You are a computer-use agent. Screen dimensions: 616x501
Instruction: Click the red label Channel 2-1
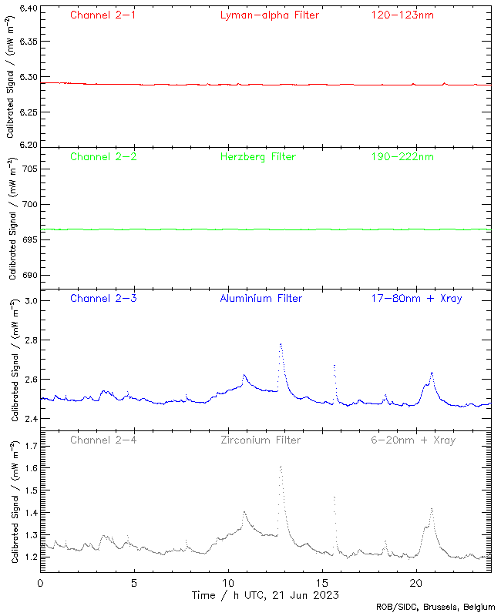tap(103, 15)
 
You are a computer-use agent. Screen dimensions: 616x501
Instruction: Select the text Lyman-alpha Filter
tap(269, 15)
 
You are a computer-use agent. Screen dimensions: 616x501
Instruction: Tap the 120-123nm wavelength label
tap(402, 15)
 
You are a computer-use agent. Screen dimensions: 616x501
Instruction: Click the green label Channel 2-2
tap(103, 156)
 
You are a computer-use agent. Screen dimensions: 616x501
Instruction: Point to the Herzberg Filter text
tap(257, 156)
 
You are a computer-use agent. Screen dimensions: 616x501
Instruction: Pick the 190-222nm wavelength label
tap(402, 156)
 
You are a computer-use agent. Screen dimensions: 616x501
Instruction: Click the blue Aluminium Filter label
tap(261, 298)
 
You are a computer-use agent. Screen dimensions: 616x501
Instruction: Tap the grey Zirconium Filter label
tap(260, 440)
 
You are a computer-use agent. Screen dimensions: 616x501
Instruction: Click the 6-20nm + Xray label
tap(412, 440)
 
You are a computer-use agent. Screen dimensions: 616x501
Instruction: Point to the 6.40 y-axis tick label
tap(27, 9)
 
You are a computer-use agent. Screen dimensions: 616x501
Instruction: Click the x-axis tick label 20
tap(416, 584)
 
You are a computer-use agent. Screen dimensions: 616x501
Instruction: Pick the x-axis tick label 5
tap(134, 584)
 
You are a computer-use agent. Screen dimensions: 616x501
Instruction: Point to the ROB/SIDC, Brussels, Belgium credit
tap(435, 608)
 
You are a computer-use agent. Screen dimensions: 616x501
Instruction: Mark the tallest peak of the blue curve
tap(281, 344)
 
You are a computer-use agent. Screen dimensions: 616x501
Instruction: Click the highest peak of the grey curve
tap(281, 466)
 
